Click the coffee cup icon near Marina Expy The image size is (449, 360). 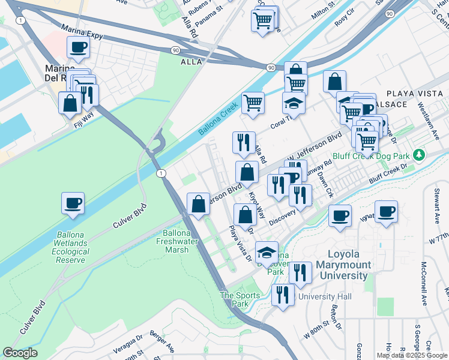click(78, 47)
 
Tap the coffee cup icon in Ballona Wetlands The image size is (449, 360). click(73, 203)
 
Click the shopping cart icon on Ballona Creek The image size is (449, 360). click(253, 103)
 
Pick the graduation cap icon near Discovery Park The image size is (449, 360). click(267, 252)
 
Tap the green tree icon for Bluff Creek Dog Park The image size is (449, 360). click(419, 155)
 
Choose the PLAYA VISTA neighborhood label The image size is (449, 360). click(413, 94)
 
